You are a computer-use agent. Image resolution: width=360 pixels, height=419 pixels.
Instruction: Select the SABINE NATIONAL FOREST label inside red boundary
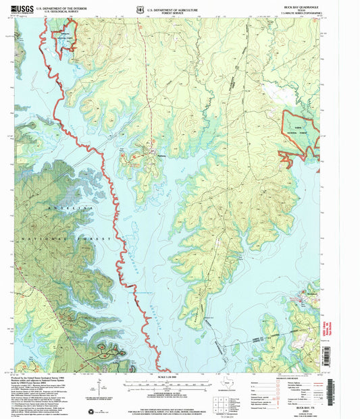click(298, 131)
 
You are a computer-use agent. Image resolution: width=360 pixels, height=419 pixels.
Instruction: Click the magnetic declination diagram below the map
click(100, 389)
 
